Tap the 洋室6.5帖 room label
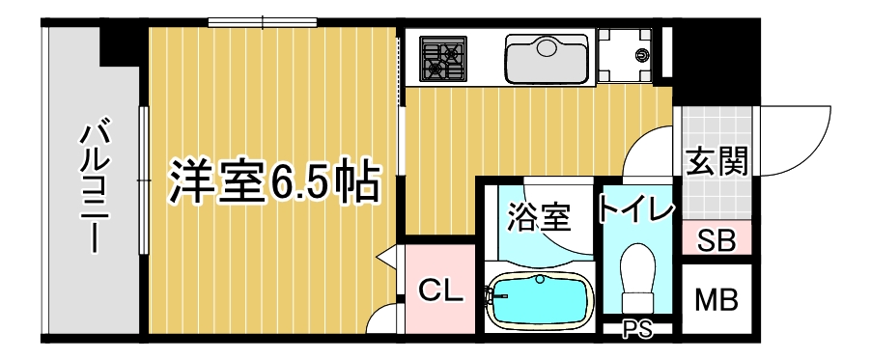pos(273,180)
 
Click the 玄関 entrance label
pos(717,160)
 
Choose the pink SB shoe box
pos(717,240)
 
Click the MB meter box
pos(717,299)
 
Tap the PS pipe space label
pos(637,330)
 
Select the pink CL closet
pos(440,289)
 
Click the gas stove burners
pos(441,58)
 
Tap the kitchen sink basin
pos(547,59)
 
